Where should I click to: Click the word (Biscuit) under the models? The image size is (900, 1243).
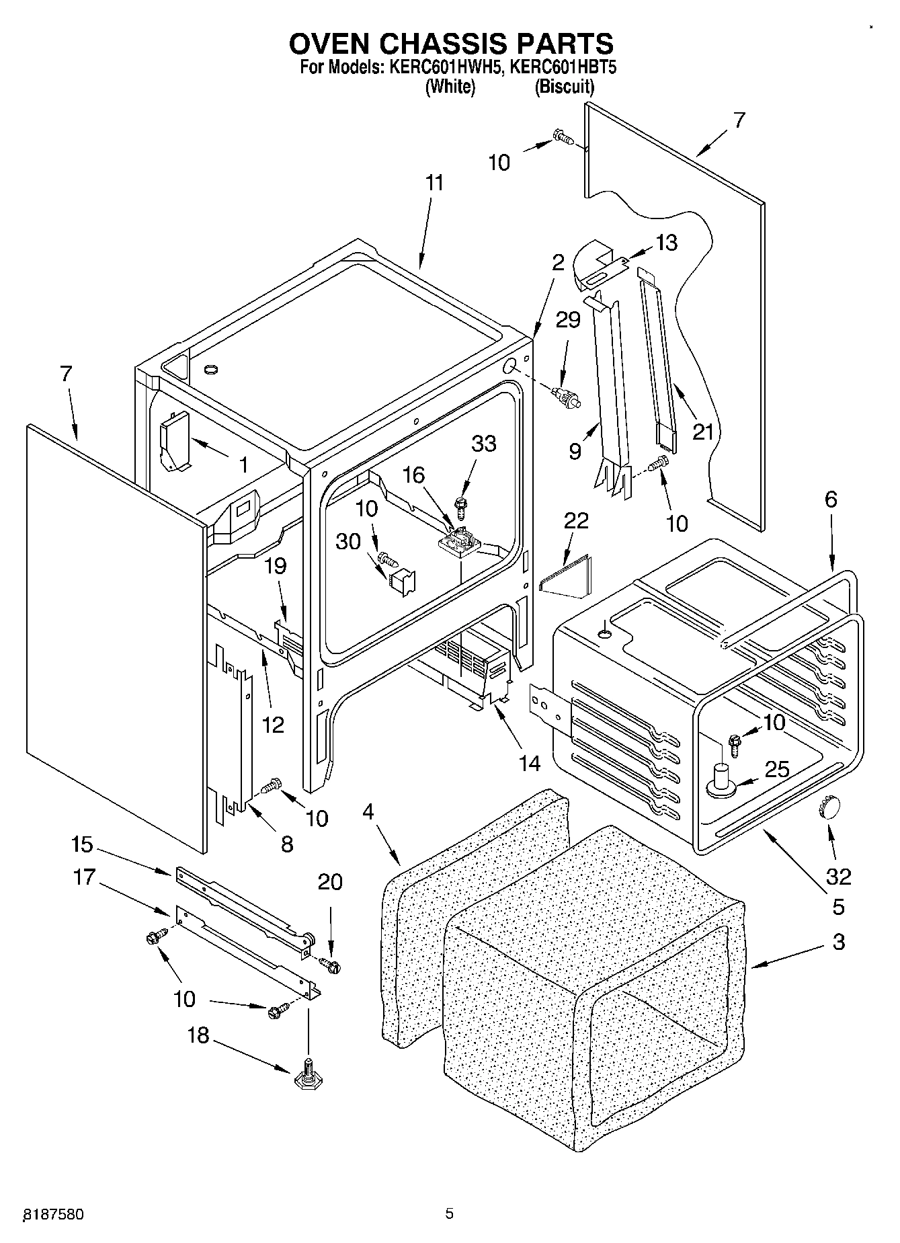564,87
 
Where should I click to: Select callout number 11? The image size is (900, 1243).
435,183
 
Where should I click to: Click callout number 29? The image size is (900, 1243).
568,319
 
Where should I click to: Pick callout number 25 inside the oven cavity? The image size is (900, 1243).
777,769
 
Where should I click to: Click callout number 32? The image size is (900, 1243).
838,876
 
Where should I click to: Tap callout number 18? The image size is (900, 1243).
198,1035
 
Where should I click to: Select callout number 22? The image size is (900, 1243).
577,520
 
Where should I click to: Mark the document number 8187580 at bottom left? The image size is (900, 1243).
54,1214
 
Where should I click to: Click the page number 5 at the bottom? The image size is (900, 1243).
449,1213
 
